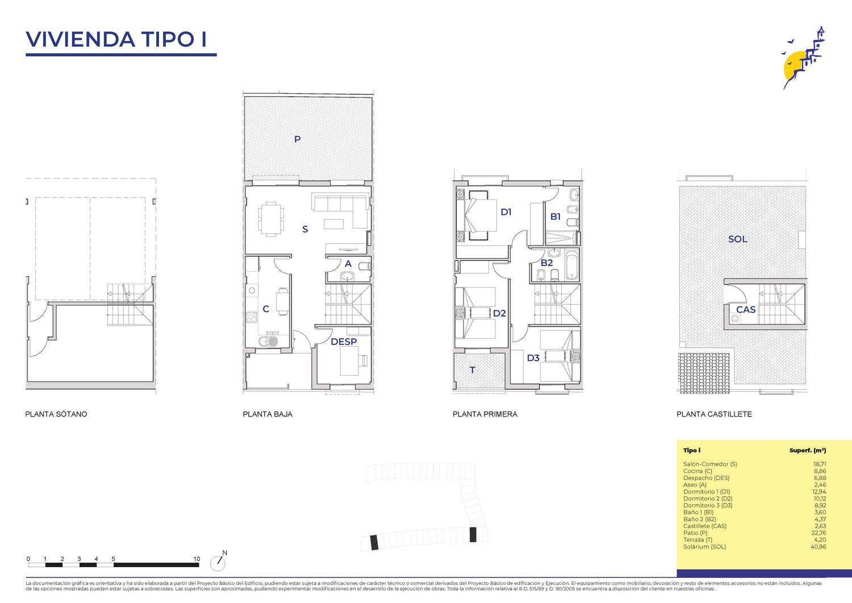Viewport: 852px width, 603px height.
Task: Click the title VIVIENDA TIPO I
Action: [x=116, y=39]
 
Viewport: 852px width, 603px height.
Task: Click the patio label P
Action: [x=298, y=139]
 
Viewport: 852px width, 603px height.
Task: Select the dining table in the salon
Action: [x=271, y=219]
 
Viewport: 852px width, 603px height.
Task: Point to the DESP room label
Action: [x=344, y=342]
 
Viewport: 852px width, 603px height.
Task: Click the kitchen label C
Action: [x=266, y=309]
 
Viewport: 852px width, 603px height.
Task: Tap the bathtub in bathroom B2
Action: [x=571, y=265]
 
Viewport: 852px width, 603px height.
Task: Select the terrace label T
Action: [x=473, y=370]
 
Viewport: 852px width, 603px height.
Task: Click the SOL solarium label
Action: [x=737, y=239]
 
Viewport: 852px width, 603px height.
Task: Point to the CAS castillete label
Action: [x=745, y=310]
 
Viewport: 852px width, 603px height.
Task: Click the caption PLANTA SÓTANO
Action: [x=56, y=414]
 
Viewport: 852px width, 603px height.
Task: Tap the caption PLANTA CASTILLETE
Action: [x=714, y=414]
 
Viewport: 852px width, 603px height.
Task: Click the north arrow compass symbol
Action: [x=219, y=561]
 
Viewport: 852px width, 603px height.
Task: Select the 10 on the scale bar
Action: [x=197, y=559]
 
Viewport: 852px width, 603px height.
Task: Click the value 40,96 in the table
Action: [x=819, y=547]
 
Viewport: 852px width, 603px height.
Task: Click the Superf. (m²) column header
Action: [x=808, y=450]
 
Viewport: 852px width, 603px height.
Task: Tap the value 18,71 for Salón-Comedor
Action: [x=820, y=464]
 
